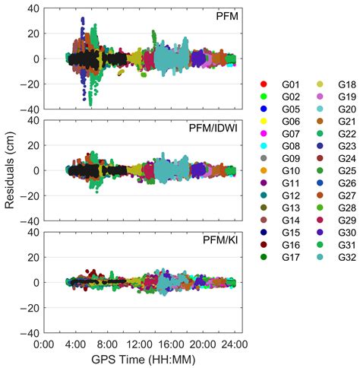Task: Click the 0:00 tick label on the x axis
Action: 43,344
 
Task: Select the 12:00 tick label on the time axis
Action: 141,344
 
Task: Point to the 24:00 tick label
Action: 236,344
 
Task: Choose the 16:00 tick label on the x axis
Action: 172,344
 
